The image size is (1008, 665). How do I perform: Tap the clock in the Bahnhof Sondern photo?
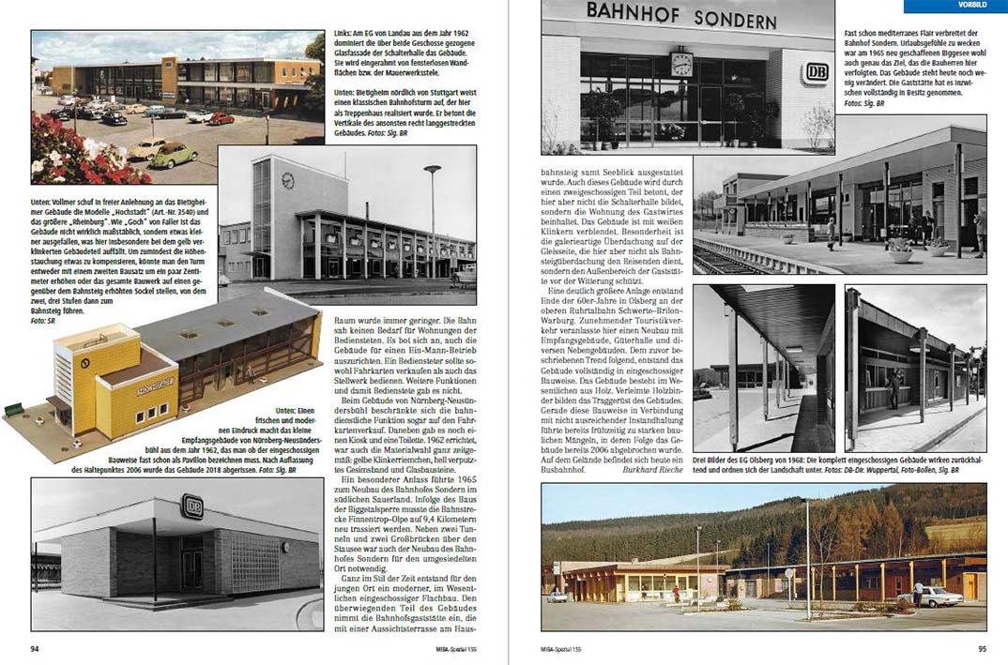pyautogui.click(x=681, y=65)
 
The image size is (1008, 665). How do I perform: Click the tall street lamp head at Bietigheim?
pyautogui.click(x=432, y=170)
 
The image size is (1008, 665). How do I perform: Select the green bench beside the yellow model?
pyautogui.click(x=13, y=409)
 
